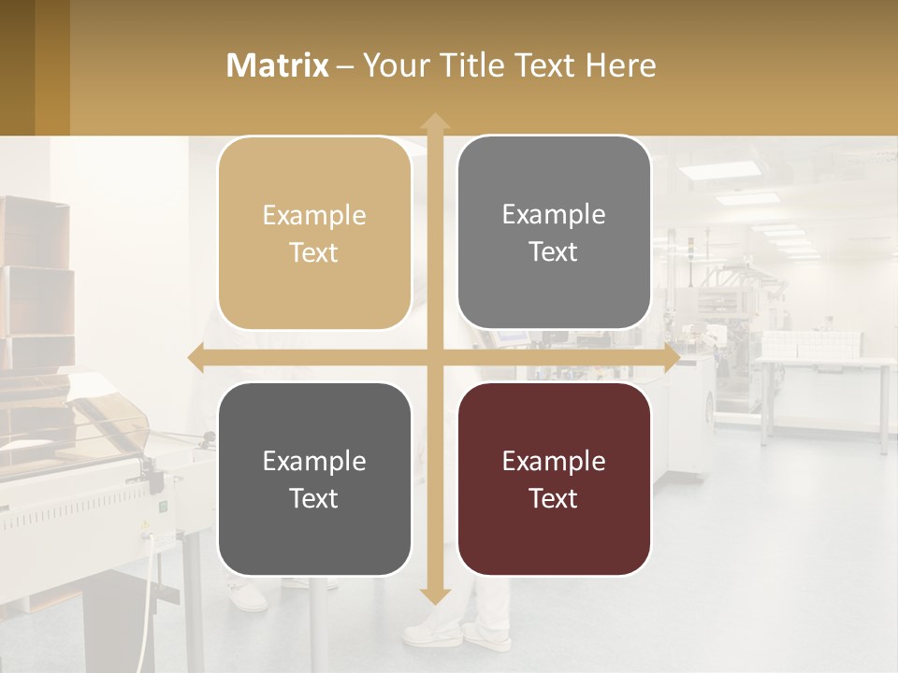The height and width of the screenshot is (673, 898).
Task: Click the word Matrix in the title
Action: (x=278, y=65)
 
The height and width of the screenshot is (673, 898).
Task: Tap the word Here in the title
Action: (x=620, y=65)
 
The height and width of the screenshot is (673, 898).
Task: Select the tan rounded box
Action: (x=314, y=233)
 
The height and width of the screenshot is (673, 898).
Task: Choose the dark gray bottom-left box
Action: (x=314, y=479)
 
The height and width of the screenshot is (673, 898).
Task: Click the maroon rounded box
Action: (x=554, y=479)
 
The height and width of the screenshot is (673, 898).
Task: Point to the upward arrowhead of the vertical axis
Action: (x=434, y=122)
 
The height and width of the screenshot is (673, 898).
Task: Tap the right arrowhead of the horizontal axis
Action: (x=672, y=357)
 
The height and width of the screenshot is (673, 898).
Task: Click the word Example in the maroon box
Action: (x=554, y=461)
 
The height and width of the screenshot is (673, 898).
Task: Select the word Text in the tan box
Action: (x=314, y=252)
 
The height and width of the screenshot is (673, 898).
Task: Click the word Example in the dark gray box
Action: (x=314, y=461)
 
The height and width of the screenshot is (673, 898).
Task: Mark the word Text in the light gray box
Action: (x=554, y=251)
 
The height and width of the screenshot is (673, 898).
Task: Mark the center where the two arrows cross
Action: (x=434, y=357)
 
